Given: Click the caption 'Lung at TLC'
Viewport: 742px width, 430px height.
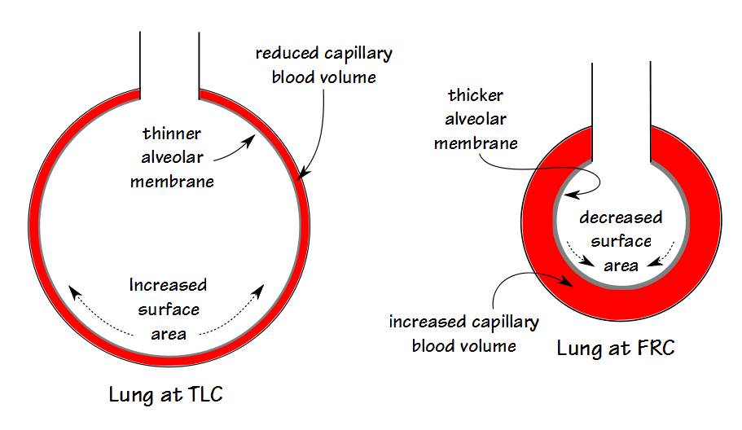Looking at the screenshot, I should click(x=166, y=396).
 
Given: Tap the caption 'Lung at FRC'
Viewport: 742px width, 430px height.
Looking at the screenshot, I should click(x=616, y=349).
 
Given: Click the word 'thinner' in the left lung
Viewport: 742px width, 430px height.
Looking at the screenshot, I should click(x=172, y=133).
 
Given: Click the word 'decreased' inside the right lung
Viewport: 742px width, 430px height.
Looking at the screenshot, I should click(x=621, y=217).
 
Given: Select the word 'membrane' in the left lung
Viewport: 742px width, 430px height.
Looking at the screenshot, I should click(x=172, y=181).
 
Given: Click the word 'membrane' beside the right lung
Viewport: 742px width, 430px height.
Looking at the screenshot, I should click(x=476, y=143).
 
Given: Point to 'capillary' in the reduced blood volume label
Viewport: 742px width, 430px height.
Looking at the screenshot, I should click(x=357, y=55).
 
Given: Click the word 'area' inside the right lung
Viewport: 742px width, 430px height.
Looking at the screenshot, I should click(x=621, y=265).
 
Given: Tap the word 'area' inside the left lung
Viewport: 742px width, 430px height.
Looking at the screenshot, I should click(x=168, y=334).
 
